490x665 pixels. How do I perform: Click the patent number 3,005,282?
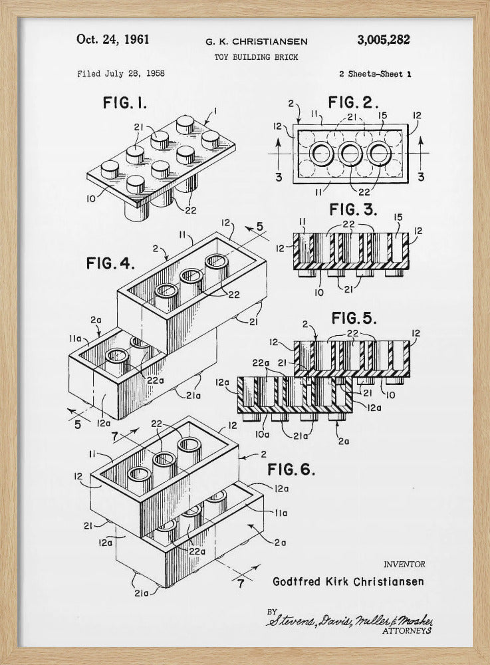[x=383, y=40]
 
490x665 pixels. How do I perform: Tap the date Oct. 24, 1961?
[x=113, y=39]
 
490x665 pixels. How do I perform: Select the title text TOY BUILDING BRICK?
[x=256, y=57]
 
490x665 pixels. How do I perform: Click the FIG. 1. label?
[x=125, y=103]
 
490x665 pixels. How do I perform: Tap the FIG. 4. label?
[x=110, y=263]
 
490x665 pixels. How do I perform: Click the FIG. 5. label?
[x=355, y=316]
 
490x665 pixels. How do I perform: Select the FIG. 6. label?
[x=291, y=469]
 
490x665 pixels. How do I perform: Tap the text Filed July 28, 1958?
[x=121, y=74]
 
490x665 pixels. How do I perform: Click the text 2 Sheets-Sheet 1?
[x=374, y=74]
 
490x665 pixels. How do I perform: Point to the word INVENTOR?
[x=404, y=565]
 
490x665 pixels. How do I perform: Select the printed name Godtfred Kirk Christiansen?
[x=348, y=582]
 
